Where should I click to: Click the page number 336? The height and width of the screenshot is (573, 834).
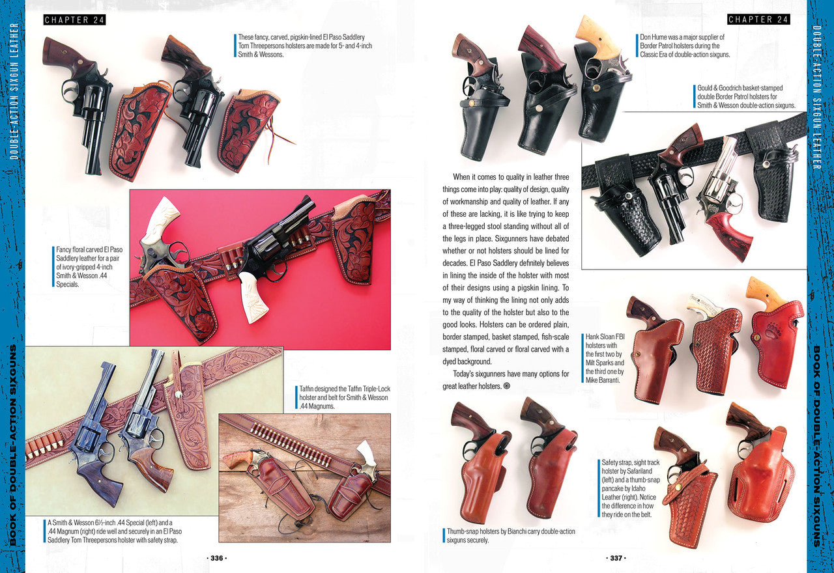[217, 558]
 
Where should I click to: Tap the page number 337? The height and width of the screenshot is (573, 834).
[616, 558]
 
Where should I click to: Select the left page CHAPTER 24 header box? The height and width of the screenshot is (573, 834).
[74, 20]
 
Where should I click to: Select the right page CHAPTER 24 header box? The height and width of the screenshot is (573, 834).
[759, 20]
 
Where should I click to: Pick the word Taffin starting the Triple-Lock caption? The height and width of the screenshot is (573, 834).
[308, 389]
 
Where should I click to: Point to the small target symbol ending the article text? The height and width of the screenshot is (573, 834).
[506, 386]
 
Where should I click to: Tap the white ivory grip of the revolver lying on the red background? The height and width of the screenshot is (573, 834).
[253, 296]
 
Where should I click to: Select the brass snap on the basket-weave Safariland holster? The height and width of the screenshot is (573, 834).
[678, 487]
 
